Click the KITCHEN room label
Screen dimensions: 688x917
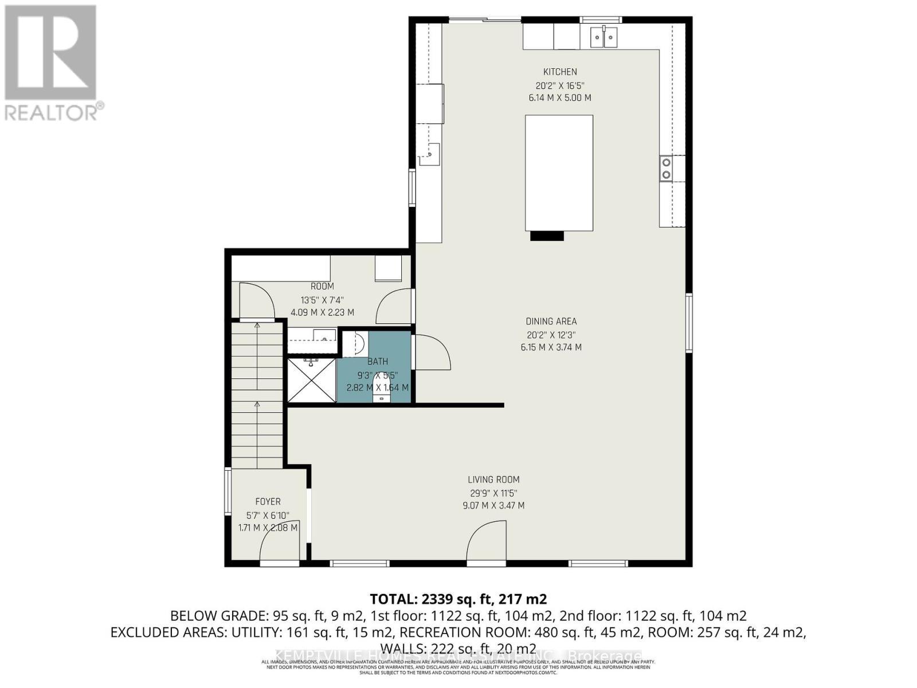coord(560,72)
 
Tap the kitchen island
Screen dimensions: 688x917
coord(559,172)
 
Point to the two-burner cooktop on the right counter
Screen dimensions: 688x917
coord(666,168)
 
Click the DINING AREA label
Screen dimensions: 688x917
coord(551,322)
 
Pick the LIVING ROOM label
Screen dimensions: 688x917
coord(493,480)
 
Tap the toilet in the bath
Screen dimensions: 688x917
coord(381,387)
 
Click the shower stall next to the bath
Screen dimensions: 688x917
coord(311,380)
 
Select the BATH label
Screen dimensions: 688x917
coord(378,362)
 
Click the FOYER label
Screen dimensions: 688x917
coord(268,502)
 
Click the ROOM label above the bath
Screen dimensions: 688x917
coord(322,287)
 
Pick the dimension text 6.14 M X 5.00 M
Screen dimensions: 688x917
coord(560,98)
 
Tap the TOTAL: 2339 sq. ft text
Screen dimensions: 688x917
coord(458,599)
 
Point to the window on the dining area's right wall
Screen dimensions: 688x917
coord(689,322)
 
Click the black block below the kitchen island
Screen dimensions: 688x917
coord(547,236)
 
